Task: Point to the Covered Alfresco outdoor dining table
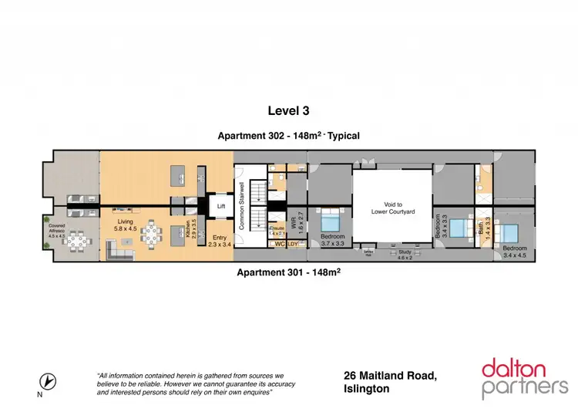pos(77,242)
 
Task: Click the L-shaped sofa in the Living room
pos(119,248)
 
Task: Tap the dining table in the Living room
pos(153,233)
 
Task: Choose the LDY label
pos(294,245)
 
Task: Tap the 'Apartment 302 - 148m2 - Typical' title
pos(289,135)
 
